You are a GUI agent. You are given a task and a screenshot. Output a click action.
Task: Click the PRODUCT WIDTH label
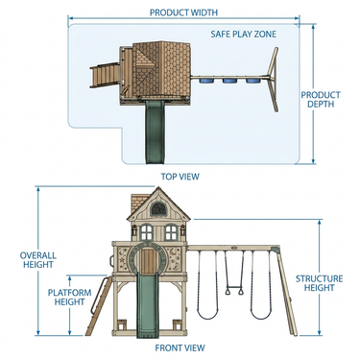click(x=183, y=12)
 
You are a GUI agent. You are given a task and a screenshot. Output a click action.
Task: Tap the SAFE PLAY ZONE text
click(x=243, y=34)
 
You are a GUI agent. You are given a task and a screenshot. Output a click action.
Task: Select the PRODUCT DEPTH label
click(x=321, y=100)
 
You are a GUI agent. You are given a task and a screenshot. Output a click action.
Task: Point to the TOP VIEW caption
click(x=180, y=177)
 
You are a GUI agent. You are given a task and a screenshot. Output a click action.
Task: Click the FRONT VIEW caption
click(x=180, y=348)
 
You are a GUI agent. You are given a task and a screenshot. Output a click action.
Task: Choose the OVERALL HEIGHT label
click(x=38, y=260)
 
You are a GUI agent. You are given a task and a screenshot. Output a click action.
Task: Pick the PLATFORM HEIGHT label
click(x=69, y=298)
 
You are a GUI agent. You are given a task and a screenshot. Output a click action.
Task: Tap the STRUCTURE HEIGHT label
click(x=319, y=283)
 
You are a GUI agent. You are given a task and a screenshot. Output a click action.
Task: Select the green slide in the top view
click(x=155, y=132)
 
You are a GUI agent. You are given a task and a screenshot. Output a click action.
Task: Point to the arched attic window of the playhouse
click(x=157, y=209)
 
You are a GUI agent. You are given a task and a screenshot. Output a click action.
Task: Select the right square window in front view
click(x=171, y=232)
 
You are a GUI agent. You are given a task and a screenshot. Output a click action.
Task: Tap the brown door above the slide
click(x=148, y=261)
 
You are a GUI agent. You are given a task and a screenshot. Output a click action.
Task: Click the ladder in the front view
click(x=97, y=305)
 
